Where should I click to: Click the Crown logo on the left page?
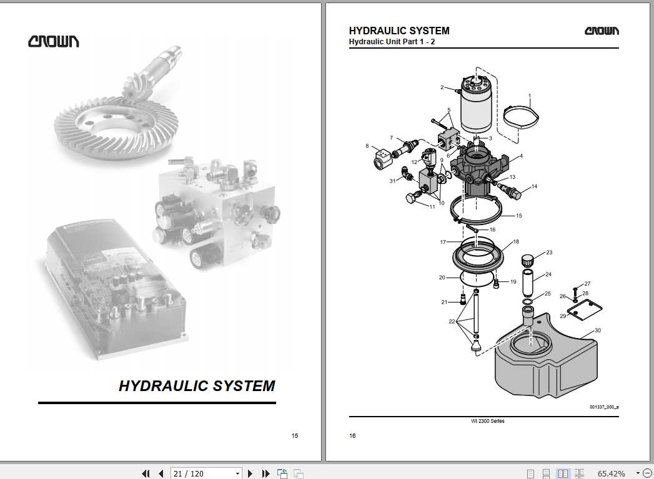(53, 41)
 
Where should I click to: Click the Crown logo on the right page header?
(602, 31)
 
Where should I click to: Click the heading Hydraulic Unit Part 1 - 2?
(392, 42)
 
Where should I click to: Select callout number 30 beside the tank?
(598, 331)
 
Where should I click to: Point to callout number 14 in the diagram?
(534, 186)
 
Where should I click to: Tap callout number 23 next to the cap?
(549, 253)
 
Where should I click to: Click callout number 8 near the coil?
(367, 146)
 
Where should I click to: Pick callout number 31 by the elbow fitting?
(392, 181)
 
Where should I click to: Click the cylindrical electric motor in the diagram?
(476, 104)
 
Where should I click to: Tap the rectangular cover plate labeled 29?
(585, 311)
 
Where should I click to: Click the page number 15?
(294, 436)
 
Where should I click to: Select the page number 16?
(352, 436)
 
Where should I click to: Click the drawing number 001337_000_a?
(604, 407)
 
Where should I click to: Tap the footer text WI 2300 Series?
(488, 421)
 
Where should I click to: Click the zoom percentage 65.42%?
(611, 473)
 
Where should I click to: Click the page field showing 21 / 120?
(189, 473)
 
